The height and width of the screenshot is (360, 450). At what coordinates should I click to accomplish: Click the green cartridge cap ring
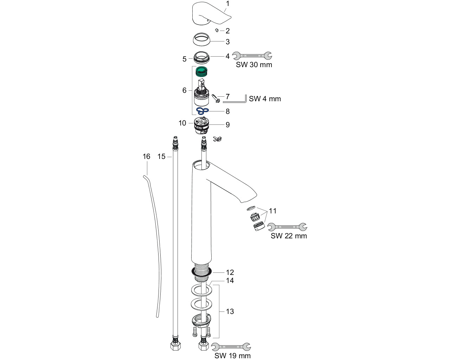pyautogui.click(x=201, y=71)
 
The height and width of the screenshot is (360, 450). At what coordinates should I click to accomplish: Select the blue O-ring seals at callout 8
pyautogui.click(x=202, y=111)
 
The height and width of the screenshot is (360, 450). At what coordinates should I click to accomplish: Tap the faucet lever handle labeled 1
pyautogui.click(x=211, y=14)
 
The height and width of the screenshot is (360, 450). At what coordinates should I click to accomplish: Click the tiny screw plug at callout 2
pyautogui.click(x=217, y=31)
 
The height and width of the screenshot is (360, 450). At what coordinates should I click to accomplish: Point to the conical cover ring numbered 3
pyautogui.click(x=201, y=39)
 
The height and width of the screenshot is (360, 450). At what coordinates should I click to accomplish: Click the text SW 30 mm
pyautogui.click(x=254, y=65)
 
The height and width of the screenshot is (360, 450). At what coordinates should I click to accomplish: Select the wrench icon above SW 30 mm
pyautogui.click(x=252, y=56)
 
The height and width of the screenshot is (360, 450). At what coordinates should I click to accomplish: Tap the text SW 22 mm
pyautogui.click(x=289, y=236)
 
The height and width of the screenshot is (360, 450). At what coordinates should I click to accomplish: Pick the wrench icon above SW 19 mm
pyautogui.click(x=231, y=347)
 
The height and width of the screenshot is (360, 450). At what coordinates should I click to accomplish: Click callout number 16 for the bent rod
pyautogui.click(x=146, y=156)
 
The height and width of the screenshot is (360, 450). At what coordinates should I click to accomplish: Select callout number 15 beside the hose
pyautogui.click(x=161, y=156)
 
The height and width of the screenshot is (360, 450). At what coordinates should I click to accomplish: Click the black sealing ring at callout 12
pyautogui.click(x=201, y=272)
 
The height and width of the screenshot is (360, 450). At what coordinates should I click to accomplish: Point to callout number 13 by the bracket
pyautogui.click(x=230, y=311)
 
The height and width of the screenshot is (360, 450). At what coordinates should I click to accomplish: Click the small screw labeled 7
pyautogui.click(x=216, y=98)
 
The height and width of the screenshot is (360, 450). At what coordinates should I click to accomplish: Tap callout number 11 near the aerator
pyautogui.click(x=272, y=211)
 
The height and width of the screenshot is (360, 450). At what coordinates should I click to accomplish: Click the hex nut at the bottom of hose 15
pyautogui.click(x=175, y=346)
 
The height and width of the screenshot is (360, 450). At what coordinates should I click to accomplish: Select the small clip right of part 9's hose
pyautogui.click(x=217, y=139)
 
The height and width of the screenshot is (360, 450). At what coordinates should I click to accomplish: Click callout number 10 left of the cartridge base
pyautogui.click(x=182, y=123)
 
